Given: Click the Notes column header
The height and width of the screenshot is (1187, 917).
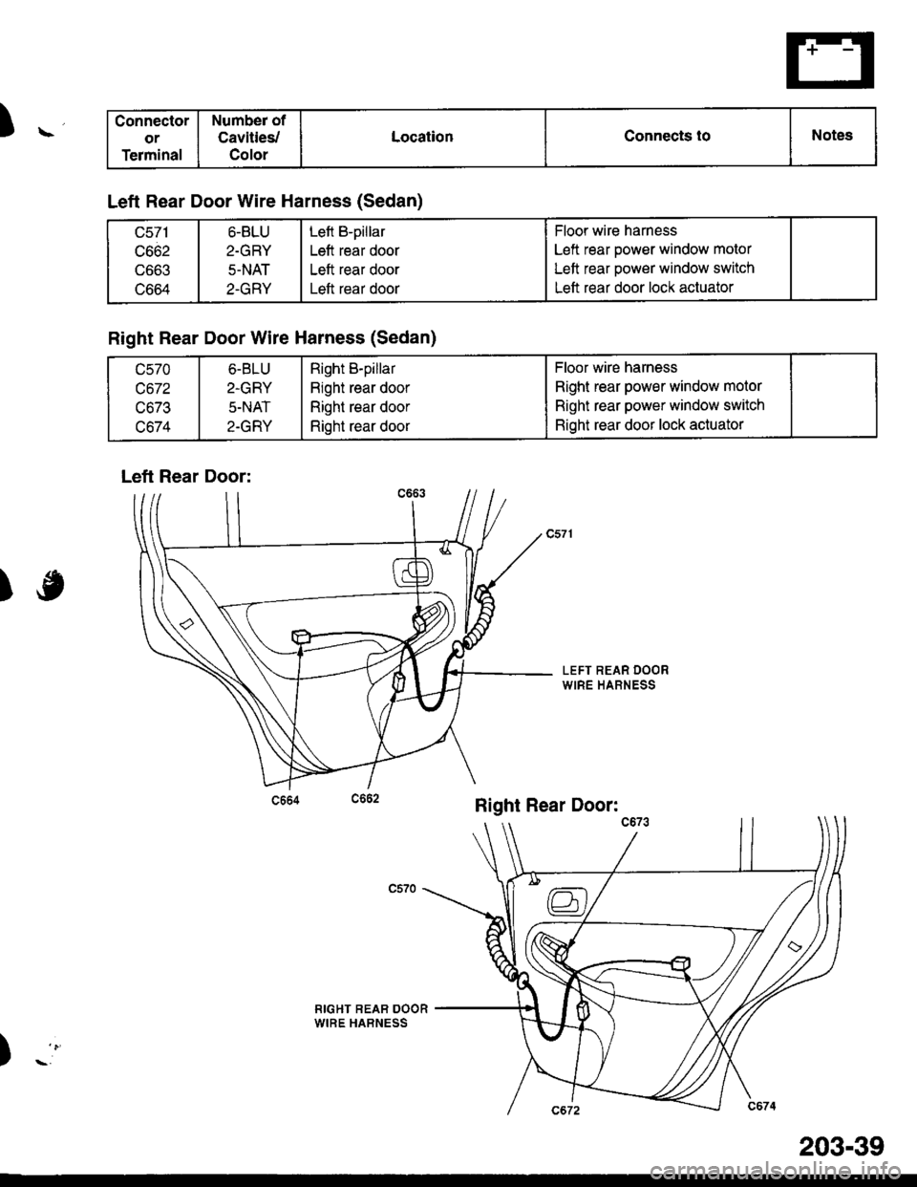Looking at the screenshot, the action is pyautogui.click(x=832, y=135).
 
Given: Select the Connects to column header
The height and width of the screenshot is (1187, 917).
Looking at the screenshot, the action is pyautogui.click(x=667, y=136).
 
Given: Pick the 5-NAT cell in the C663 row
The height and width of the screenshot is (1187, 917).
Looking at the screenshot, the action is pyautogui.click(x=249, y=270).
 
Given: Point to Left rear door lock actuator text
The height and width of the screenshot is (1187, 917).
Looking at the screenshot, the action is pyautogui.click(x=644, y=288).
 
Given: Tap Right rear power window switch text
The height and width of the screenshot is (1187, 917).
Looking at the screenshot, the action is pyautogui.click(x=659, y=405).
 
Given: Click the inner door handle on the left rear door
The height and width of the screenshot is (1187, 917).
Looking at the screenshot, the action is pyautogui.click(x=412, y=572).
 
